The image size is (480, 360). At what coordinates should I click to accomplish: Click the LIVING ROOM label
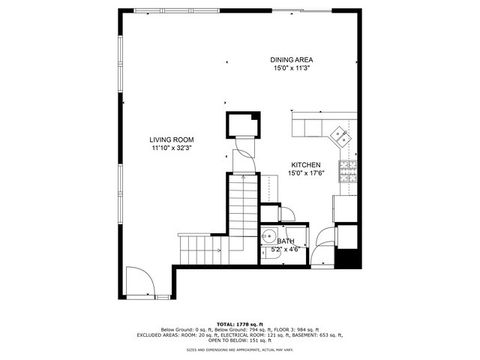(x=172, y=139)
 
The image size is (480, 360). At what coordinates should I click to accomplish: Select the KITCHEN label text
(x=306, y=164)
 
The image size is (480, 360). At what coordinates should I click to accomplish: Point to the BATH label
(x=286, y=241)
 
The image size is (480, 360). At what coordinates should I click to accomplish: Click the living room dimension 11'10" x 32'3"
(x=172, y=148)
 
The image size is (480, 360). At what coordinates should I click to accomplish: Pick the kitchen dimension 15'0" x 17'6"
(x=306, y=173)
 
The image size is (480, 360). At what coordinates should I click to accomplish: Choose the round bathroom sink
(x=267, y=237)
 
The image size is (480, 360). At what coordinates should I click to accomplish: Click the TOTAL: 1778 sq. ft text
(x=240, y=325)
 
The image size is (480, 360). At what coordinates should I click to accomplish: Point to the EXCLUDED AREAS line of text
(x=240, y=337)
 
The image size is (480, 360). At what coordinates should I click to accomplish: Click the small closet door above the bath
(x=283, y=213)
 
